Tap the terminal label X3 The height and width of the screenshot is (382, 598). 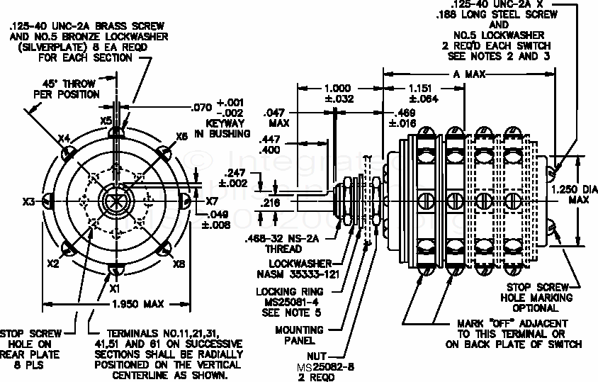29,202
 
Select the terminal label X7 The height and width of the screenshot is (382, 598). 212,201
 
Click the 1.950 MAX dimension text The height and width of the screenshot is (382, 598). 139,304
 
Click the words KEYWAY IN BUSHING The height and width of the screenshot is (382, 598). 222,128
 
